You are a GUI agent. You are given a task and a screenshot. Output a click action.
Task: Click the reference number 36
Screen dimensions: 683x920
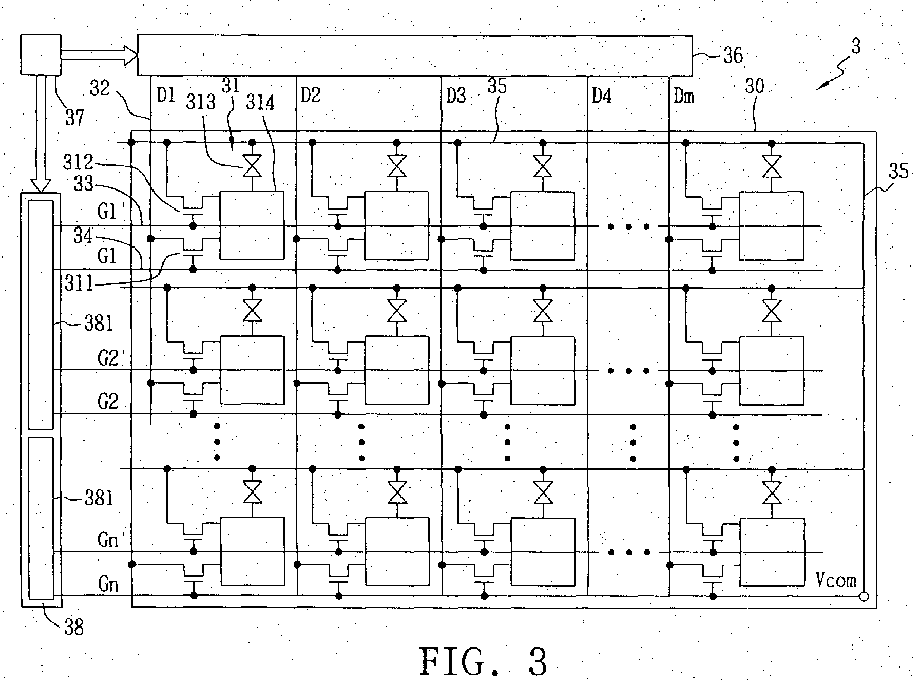coord(733,55)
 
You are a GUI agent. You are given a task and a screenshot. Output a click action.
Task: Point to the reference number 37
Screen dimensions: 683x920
coord(74,118)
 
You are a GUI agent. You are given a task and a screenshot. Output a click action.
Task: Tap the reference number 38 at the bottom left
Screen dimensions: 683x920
coord(74,627)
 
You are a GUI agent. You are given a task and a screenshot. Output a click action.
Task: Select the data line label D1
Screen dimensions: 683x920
coord(166,96)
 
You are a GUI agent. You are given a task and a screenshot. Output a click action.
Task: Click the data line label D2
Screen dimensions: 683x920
coord(311,96)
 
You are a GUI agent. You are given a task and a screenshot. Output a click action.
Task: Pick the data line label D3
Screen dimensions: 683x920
coord(456,96)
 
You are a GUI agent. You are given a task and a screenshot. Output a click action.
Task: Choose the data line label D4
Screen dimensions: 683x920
coord(602,96)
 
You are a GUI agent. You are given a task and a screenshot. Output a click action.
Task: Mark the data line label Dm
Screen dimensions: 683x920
coord(683,96)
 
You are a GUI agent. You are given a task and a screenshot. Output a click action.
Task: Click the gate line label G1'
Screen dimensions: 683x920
coord(111,211)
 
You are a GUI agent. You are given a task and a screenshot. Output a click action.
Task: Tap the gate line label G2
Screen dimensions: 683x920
coord(108,402)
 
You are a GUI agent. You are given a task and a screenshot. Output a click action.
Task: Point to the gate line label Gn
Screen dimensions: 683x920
coord(108,584)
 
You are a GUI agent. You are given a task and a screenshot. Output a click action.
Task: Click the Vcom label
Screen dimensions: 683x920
coord(836,580)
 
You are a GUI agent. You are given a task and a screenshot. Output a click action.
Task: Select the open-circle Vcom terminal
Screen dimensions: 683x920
coord(864,597)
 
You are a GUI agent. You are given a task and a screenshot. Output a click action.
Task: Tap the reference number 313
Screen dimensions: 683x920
coord(201,102)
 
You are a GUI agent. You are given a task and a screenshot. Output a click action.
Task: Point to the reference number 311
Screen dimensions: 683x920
coord(80,283)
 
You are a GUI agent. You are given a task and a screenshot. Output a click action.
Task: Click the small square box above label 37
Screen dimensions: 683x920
coord(41,54)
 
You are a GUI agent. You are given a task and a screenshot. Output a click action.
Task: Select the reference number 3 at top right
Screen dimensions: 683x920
coord(855,47)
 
